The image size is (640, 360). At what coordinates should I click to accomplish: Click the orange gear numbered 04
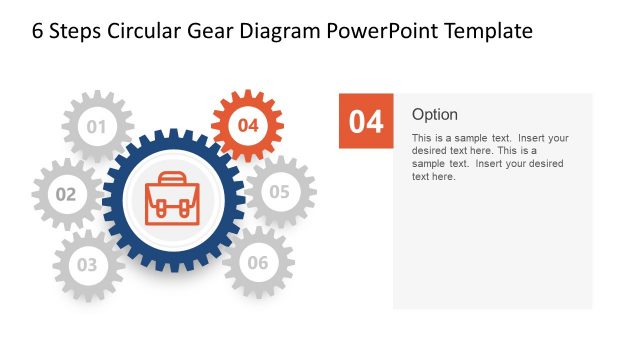[x=249, y=125]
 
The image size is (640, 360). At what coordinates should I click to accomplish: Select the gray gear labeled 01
[x=97, y=127]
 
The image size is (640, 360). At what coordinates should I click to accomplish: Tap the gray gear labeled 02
[x=66, y=194]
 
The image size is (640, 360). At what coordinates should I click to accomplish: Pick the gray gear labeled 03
[x=88, y=265]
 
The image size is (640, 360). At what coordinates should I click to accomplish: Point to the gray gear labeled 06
[x=258, y=263]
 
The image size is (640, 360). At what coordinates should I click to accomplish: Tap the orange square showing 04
[x=366, y=121]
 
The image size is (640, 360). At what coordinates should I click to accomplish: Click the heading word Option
[x=435, y=114]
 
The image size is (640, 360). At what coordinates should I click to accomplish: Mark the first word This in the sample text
[x=422, y=138]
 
